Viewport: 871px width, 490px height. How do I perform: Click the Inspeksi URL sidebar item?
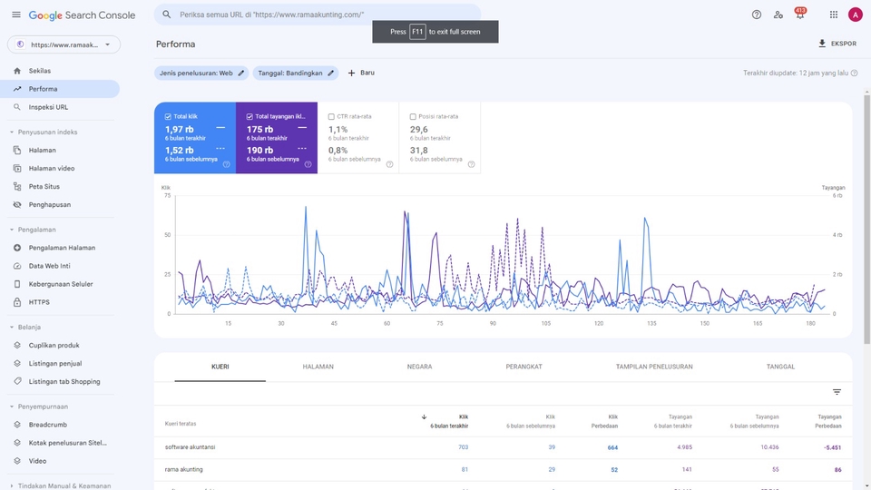coord(48,107)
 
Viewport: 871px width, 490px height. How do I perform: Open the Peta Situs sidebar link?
coord(45,186)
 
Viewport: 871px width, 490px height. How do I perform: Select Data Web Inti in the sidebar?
coord(49,266)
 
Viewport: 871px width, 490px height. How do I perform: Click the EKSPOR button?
coord(837,44)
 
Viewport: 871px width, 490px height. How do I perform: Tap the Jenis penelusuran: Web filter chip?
coord(201,73)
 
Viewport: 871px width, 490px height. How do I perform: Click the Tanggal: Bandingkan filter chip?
coord(296,73)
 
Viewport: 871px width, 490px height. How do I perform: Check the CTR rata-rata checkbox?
coord(331,116)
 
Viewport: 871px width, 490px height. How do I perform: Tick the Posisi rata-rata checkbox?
coord(413,116)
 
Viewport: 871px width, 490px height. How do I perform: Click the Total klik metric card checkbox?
coord(169,116)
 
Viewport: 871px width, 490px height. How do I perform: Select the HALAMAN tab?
coord(318,367)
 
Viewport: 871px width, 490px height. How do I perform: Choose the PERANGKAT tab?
coord(524,367)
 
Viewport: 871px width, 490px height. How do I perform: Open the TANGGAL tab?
coord(780,367)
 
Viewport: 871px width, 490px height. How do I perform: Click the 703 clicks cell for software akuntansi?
coord(463,446)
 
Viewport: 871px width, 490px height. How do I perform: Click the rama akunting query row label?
coord(184,469)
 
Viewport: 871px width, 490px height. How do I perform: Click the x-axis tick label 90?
coord(493,323)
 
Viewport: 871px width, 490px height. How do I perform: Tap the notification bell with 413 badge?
coord(799,15)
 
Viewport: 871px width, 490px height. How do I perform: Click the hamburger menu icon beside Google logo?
coord(15,15)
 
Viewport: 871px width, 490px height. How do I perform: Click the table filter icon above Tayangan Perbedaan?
coord(837,392)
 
